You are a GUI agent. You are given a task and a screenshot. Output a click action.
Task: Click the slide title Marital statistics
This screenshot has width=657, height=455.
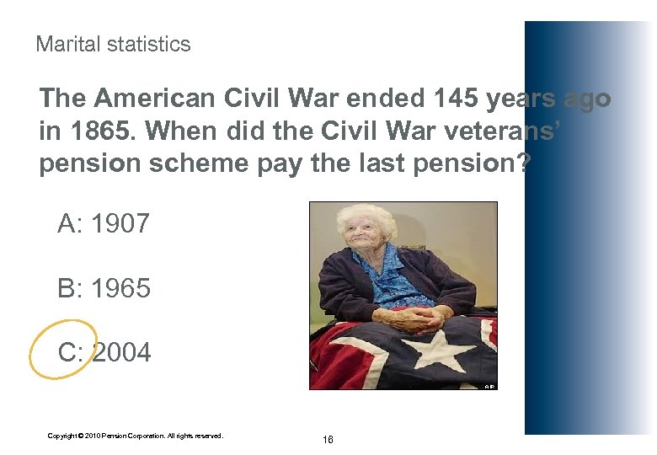pos(113,44)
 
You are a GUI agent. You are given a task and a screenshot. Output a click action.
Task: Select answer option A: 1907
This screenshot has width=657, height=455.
pos(104,224)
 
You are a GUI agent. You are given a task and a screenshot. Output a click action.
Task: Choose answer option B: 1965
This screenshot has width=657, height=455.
pos(104,288)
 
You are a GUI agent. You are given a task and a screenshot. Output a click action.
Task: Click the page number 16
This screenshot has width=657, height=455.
pos(328,440)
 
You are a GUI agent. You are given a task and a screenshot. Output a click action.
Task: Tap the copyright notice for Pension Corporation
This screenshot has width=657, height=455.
pos(135,436)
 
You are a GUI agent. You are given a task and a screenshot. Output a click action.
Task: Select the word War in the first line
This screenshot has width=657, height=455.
pos(300,99)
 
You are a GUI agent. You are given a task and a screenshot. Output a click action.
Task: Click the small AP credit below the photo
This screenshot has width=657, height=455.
pos(489,387)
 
